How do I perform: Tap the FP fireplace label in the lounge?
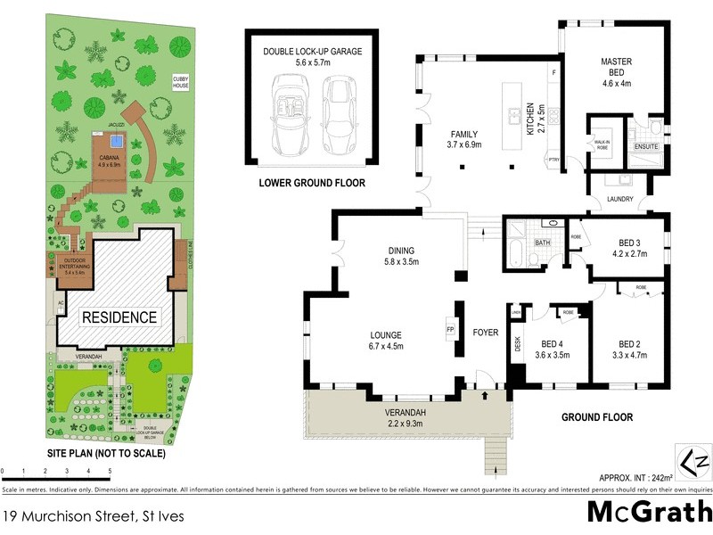click(450, 327)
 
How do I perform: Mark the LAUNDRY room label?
click(618, 200)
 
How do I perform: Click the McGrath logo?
click(649, 512)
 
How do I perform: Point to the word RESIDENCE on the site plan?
click(119, 317)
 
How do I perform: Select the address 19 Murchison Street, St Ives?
click(87, 514)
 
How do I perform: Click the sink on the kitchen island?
click(513, 115)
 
